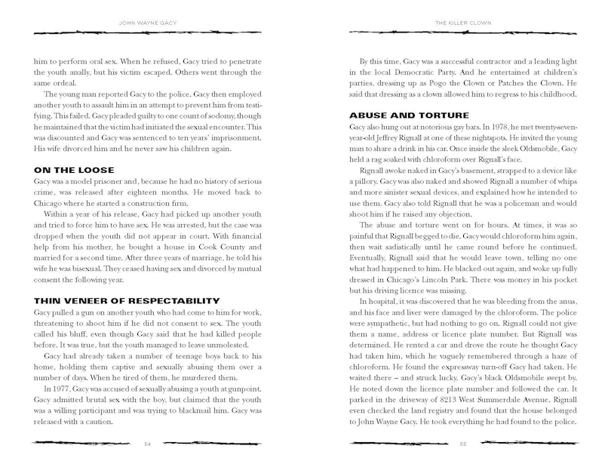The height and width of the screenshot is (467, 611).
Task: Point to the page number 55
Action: (x=464, y=444)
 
